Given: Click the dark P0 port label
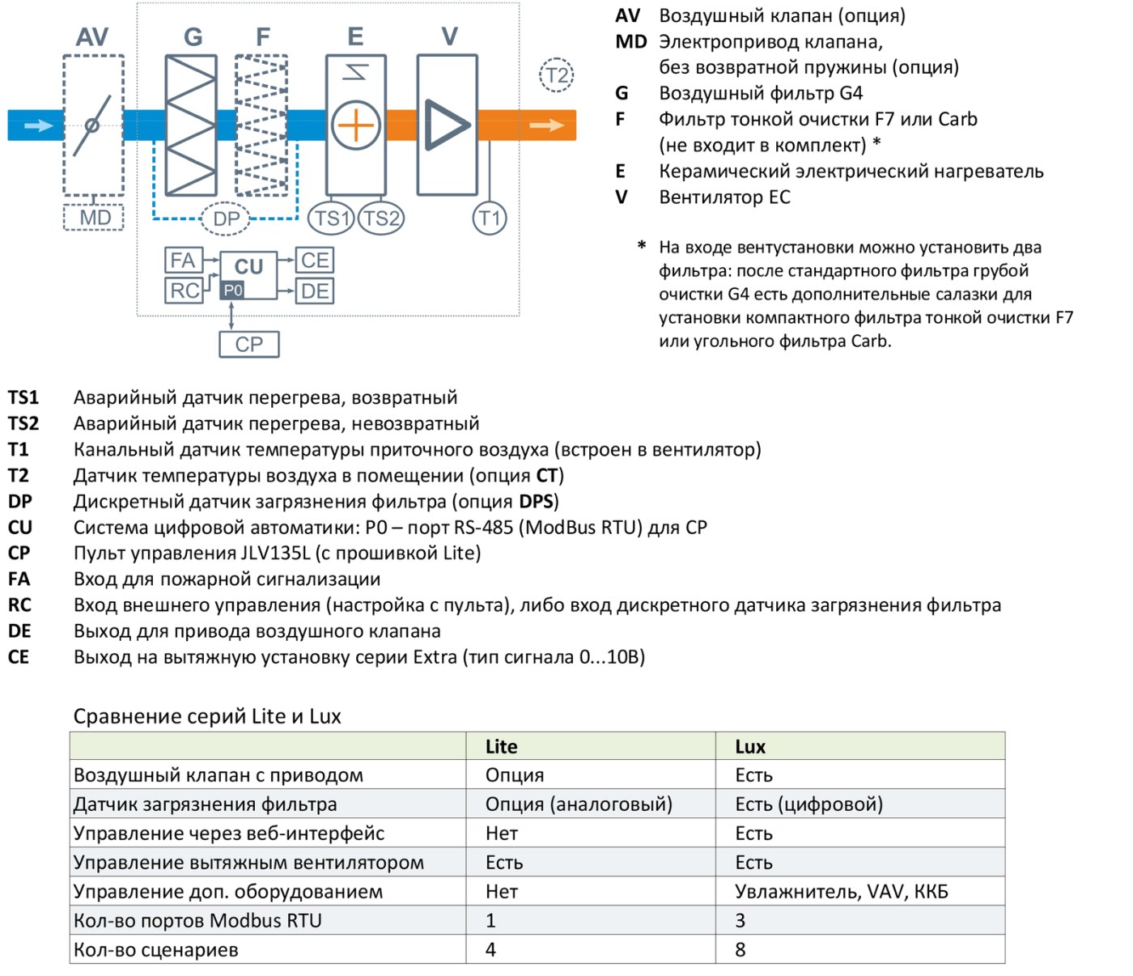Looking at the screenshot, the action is coord(232,290).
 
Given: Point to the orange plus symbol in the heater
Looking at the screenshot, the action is coord(356,125).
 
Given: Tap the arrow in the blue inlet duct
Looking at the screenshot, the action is coord(38,125).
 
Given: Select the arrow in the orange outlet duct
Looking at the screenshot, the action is coord(546,125).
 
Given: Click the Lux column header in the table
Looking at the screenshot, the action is coord(750,746).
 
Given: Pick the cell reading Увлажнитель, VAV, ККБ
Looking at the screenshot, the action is coord(842,892).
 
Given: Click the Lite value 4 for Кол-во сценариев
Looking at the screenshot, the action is coord(490,949).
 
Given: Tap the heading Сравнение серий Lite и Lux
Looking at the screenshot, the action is coord(207,716).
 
